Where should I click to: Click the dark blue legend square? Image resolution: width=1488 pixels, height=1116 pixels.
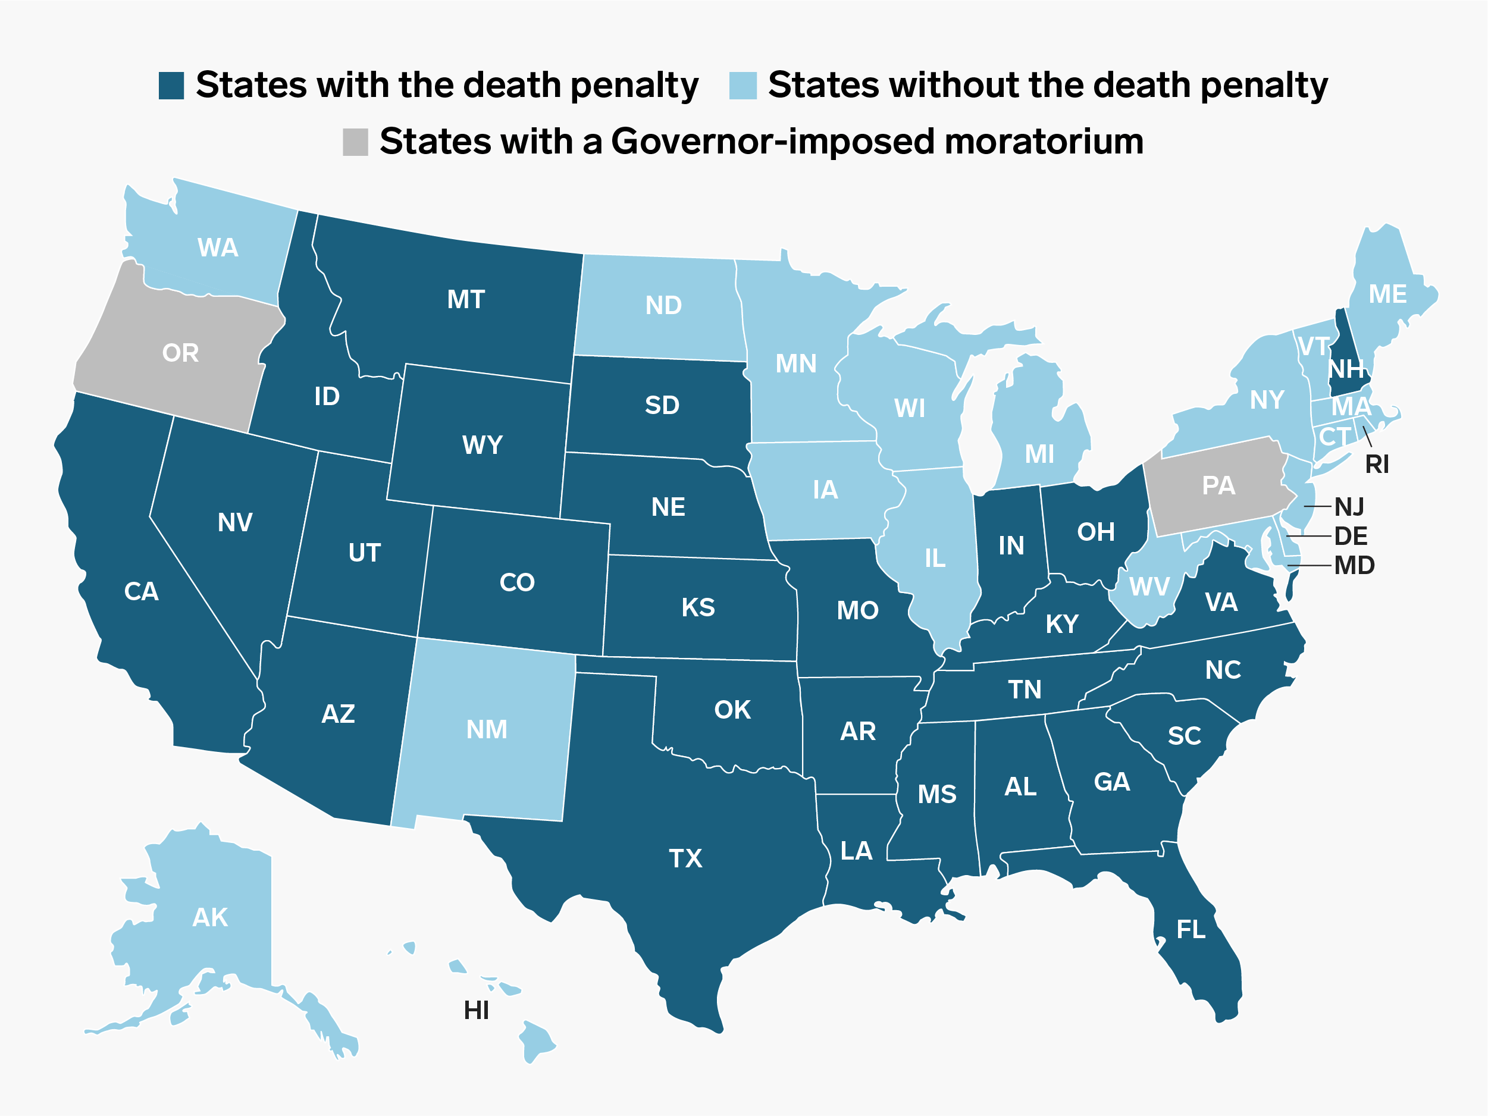[x=171, y=86]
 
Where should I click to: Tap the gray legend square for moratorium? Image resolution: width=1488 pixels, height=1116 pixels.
[x=355, y=142]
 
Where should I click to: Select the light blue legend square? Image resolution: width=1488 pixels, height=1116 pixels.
[x=743, y=86]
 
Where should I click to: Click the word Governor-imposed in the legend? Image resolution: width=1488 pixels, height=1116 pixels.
[x=772, y=142]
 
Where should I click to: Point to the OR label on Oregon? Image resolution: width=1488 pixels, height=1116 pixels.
[x=180, y=353]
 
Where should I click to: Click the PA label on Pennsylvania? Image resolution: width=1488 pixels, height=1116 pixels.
[x=1218, y=485]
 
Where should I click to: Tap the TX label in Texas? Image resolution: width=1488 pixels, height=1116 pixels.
[x=685, y=858]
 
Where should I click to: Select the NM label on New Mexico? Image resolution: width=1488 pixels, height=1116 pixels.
[x=486, y=730]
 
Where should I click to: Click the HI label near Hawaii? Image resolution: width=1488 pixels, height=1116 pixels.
[x=477, y=1010]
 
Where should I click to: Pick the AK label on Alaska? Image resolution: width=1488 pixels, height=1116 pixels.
[x=210, y=917]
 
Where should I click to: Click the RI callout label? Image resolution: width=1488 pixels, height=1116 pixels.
[x=1377, y=464]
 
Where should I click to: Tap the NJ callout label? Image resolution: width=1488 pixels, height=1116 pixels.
[x=1349, y=506]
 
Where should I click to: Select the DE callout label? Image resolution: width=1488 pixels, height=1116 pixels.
[x=1351, y=536]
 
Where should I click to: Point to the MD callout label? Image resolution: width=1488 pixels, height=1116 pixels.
[x=1354, y=566]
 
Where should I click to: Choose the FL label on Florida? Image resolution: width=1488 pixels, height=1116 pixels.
[x=1191, y=930]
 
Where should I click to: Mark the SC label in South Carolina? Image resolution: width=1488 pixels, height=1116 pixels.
[x=1185, y=736]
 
